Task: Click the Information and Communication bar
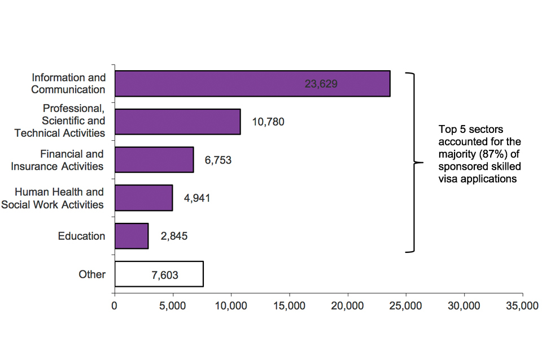252,84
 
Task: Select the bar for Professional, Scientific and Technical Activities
177,122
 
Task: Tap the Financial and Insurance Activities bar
154,160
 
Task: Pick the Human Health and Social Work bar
143,198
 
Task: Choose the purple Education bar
131,236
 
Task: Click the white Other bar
159,274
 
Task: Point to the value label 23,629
321,84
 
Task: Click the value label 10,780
268,122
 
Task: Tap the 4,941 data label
197,199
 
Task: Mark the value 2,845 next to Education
174,236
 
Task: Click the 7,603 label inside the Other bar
164,275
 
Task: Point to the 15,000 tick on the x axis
290,306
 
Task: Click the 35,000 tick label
522,306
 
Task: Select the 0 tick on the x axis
115,306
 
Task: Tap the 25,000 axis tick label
406,306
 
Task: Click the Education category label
81,236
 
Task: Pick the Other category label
92,274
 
